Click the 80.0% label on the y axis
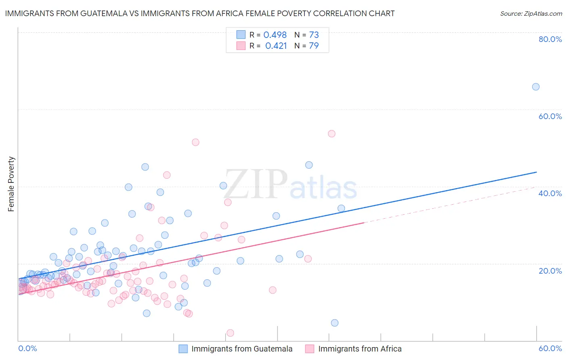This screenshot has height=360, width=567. [550, 39]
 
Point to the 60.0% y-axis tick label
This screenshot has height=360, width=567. [550, 116]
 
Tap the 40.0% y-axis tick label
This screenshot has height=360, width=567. [550, 193]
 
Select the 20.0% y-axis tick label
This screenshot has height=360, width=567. [550, 271]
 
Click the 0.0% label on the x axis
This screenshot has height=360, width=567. [27, 349]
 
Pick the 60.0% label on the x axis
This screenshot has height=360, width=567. [550, 349]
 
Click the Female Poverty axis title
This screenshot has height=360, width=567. [11, 184]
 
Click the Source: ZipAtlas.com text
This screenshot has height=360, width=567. [531, 14]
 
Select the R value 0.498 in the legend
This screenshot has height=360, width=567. [275, 35]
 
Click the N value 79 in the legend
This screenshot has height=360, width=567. [314, 46]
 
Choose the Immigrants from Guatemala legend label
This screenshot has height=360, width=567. [242, 349]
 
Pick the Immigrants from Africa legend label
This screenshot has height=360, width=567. [360, 349]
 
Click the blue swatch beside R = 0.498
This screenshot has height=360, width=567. [241, 35]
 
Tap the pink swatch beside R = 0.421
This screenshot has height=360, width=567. [241, 46]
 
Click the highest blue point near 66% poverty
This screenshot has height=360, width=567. [536, 87]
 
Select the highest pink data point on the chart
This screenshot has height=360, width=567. [331, 134]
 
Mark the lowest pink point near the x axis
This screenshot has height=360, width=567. [230, 333]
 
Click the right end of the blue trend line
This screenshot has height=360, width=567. [536, 172]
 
